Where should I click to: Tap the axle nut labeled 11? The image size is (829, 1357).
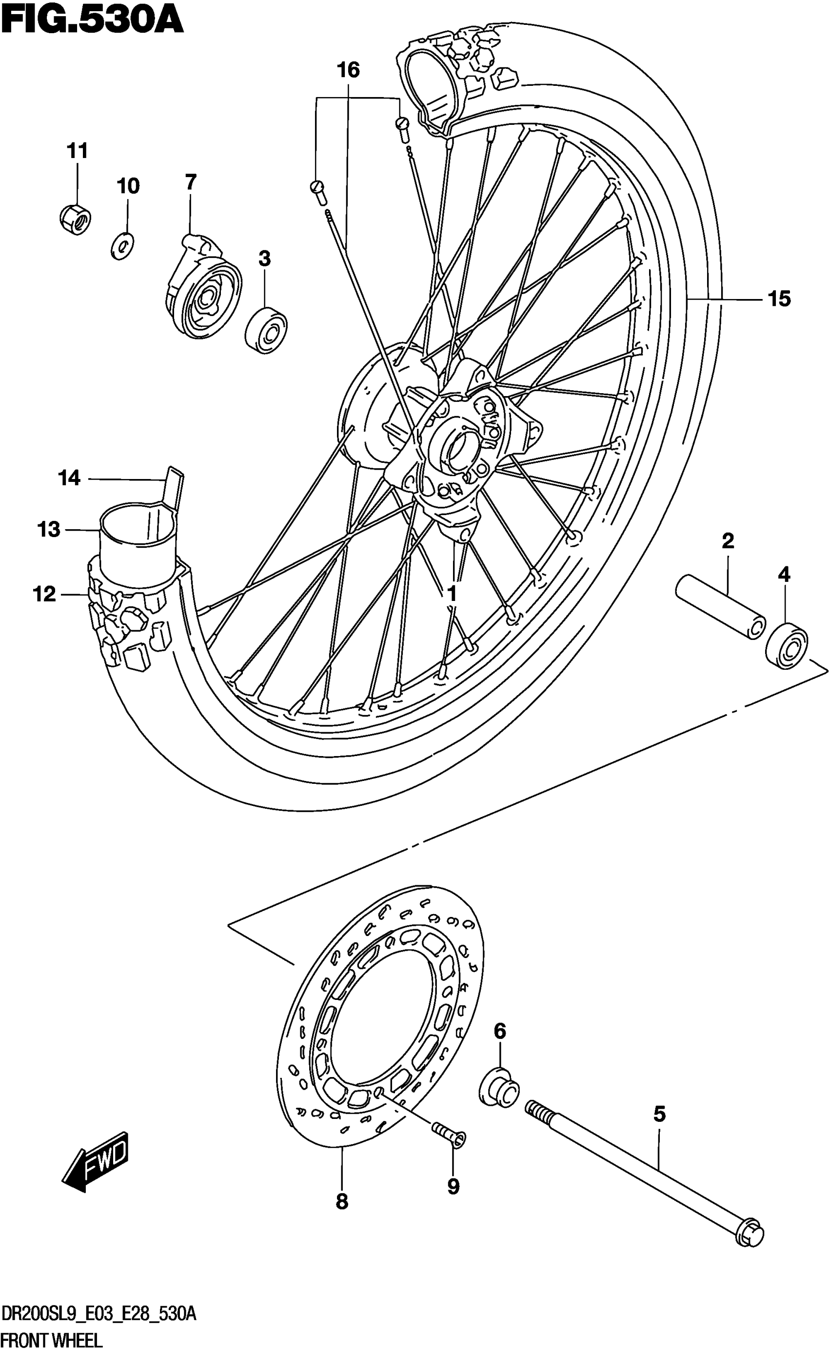point(76,219)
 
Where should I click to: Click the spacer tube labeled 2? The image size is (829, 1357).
point(720,606)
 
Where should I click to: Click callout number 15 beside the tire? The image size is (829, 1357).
point(779,299)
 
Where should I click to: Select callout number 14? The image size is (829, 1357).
point(69,478)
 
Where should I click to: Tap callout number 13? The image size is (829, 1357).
point(48,529)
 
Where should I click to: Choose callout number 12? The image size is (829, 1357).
point(44,594)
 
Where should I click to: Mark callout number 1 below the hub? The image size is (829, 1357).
point(452,594)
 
